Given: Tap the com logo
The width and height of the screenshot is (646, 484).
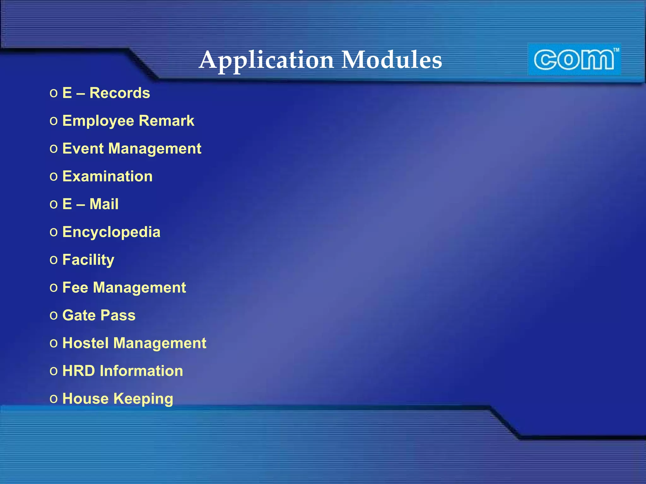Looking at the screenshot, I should coord(574,60).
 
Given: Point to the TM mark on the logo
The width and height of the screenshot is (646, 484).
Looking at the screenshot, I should coord(616,50).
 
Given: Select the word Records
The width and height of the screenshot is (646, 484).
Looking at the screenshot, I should coord(120,93).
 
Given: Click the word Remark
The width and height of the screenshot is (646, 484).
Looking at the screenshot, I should coord(166,121).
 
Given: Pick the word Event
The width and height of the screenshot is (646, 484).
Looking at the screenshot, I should coord(83,148).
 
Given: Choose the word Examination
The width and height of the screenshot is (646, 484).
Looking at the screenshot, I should coord(107,176).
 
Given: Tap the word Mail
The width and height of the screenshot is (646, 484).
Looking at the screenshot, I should coord(104,204).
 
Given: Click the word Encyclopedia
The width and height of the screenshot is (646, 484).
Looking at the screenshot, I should coord(111,232).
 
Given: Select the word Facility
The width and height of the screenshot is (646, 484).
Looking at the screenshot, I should coord(88,260).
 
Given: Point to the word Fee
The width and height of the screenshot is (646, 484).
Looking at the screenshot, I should coord(75,287).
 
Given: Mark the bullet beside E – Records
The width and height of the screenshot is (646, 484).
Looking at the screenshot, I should coord(54,93).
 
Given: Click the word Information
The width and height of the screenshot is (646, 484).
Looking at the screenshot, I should coord(141,371).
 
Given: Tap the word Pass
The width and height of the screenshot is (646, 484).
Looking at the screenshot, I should coord(118,315).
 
